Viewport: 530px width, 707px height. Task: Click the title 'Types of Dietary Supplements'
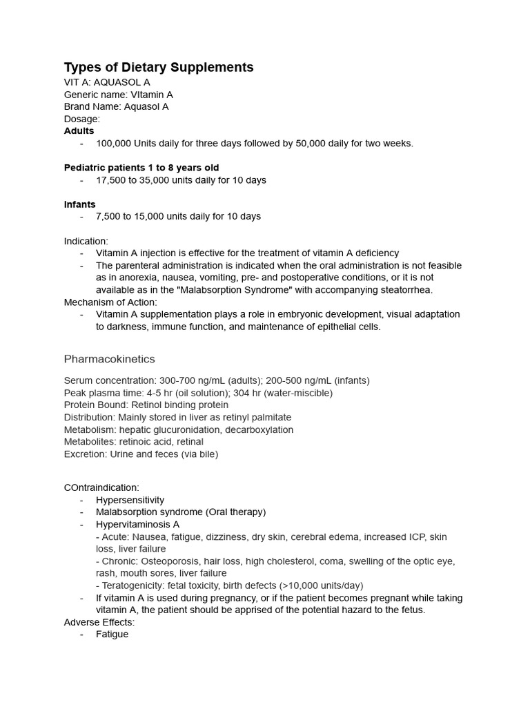(x=159, y=67)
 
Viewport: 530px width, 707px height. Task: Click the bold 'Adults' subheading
(x=79, y=130)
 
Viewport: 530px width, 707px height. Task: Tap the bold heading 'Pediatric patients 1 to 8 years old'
(x=141, y=168)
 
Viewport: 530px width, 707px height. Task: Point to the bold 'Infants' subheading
(x=79, y=204)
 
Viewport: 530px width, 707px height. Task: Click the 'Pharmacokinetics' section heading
(x=109, y=359)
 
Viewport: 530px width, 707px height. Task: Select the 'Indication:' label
(x=86, y=241)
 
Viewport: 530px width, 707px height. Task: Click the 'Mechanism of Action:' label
(x=110, y=302)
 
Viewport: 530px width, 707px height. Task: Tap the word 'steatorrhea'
(x=407, y=290)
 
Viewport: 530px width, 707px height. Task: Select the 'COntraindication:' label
(x=101, y=487)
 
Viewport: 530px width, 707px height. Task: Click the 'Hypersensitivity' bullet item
(x=130, y=500)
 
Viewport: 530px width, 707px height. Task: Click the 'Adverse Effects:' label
(x=99, y=622)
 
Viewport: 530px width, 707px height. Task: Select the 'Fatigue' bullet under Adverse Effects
(x=112, y=634)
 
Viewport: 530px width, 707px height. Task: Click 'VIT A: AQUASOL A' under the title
(x=107, y=82)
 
